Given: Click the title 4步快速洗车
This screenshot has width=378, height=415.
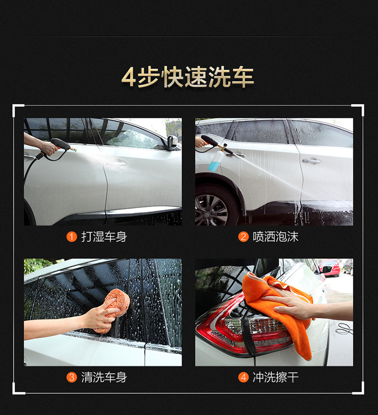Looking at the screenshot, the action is (x=187, y=77).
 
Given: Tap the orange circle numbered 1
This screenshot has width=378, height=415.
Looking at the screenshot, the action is (x=72, y=237).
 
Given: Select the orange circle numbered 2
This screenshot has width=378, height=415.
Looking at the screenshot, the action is (x=243, y=237).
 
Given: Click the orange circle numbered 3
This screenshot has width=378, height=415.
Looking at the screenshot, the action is (x=72, y=377).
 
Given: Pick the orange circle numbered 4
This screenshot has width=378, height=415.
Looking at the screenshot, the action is (x=243, y=377).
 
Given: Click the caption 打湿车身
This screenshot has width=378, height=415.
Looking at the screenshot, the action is (x=104, y=237).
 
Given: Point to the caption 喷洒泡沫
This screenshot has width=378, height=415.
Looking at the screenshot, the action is (x=276, y=237).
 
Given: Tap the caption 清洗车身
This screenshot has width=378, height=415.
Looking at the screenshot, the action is (x=104, y=377).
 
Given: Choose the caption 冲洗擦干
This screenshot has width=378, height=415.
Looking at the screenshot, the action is (x=276, y=377).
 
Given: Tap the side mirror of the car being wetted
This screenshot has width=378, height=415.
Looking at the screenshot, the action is (x=172, y=143).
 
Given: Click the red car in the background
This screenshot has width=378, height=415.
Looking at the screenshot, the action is (x=329, y=268).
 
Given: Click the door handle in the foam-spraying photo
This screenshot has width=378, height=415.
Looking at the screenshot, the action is (x=311, y=160).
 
